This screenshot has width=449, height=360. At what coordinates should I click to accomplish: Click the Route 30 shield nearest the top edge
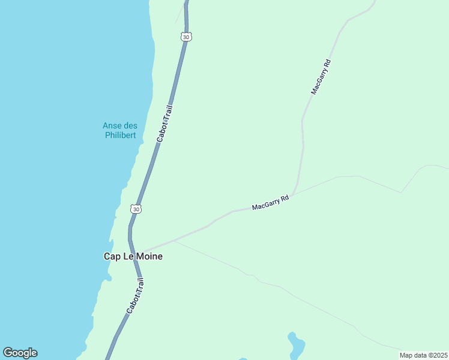point(187,37)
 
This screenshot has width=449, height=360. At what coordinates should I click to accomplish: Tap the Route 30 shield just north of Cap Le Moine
point(136,209)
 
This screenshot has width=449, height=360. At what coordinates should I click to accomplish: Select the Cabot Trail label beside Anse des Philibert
point(165,124)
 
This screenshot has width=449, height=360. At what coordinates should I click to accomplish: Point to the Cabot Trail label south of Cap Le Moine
point(136,296)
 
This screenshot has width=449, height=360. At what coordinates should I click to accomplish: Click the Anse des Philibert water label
point(119,130)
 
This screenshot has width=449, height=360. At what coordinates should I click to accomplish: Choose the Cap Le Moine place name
point(133,256)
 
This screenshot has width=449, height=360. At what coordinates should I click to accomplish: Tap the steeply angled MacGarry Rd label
point(321,76)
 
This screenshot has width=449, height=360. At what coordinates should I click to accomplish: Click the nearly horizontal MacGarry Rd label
point(271,202)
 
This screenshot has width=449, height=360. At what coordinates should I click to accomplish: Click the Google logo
point(20,353)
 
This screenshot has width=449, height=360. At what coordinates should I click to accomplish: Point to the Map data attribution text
point(423,355)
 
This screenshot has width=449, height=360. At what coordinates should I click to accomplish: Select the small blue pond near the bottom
point(296,346)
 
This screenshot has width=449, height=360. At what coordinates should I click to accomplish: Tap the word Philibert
point(119,135)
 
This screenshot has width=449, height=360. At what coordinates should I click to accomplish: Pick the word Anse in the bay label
point(112,125)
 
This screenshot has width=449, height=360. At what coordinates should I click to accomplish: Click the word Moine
point(149,256)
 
